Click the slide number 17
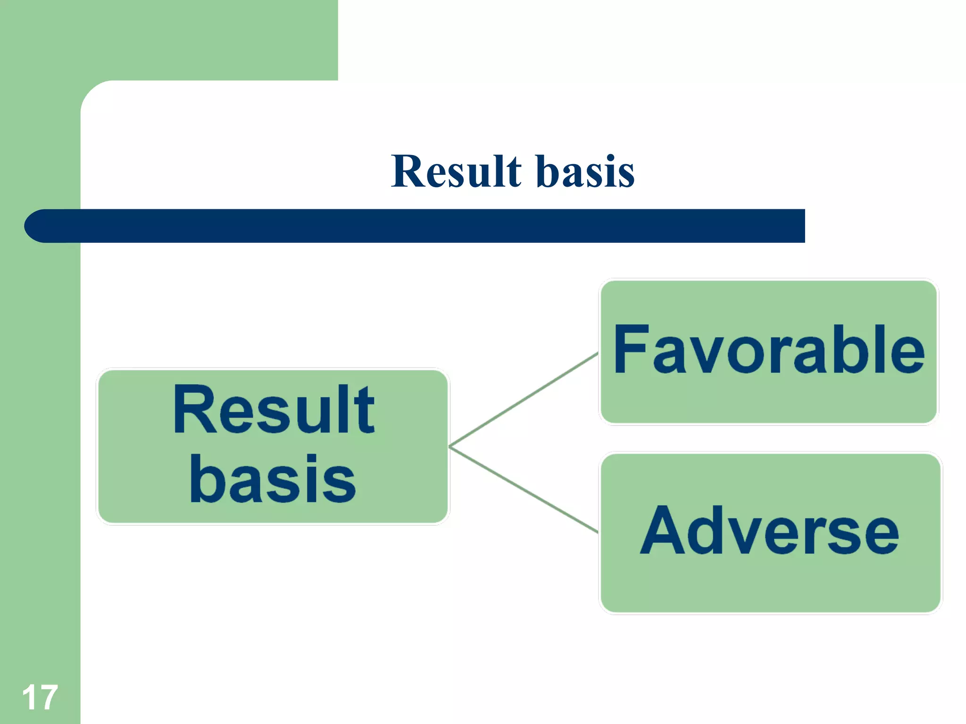click(40, 698)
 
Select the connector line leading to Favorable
click(524, 399)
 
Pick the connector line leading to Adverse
click(524, 490)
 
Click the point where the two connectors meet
click(450, 446)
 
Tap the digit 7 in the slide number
click(48, 698)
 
